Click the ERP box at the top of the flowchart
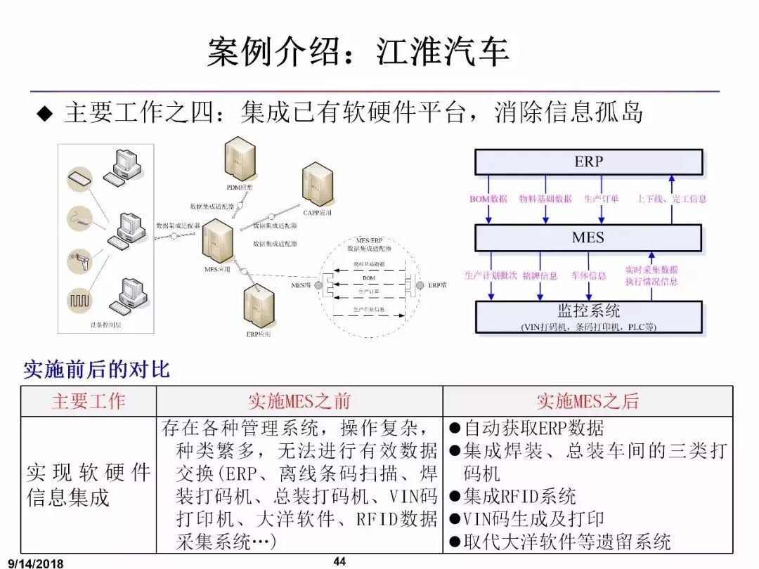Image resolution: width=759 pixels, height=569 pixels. (x=588, y=162)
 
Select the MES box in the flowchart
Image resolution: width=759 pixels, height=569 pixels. (x=588, y=237)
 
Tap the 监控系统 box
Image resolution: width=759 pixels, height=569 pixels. (x=588, y=317)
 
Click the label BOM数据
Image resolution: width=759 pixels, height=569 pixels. (x=488, y=199)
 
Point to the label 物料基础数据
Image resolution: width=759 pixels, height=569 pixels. (x=545, y=199)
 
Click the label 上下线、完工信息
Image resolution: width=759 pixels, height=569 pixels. (x=671, y=199)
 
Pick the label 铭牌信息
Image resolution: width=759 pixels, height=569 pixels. (x=540, y=276)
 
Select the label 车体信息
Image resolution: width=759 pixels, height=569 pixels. (x=588, y=276)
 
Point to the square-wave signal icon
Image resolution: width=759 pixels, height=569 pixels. (x=79, y=299)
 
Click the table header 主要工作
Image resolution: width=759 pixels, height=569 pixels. (x=88, y=401)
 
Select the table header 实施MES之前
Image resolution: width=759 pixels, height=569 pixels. (x=299, y=401)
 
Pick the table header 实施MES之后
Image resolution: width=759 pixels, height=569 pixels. (x=588, y=401)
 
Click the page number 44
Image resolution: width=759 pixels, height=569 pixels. (x=339, y=561)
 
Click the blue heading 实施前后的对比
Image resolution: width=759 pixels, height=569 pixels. (x=96, y=369)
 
